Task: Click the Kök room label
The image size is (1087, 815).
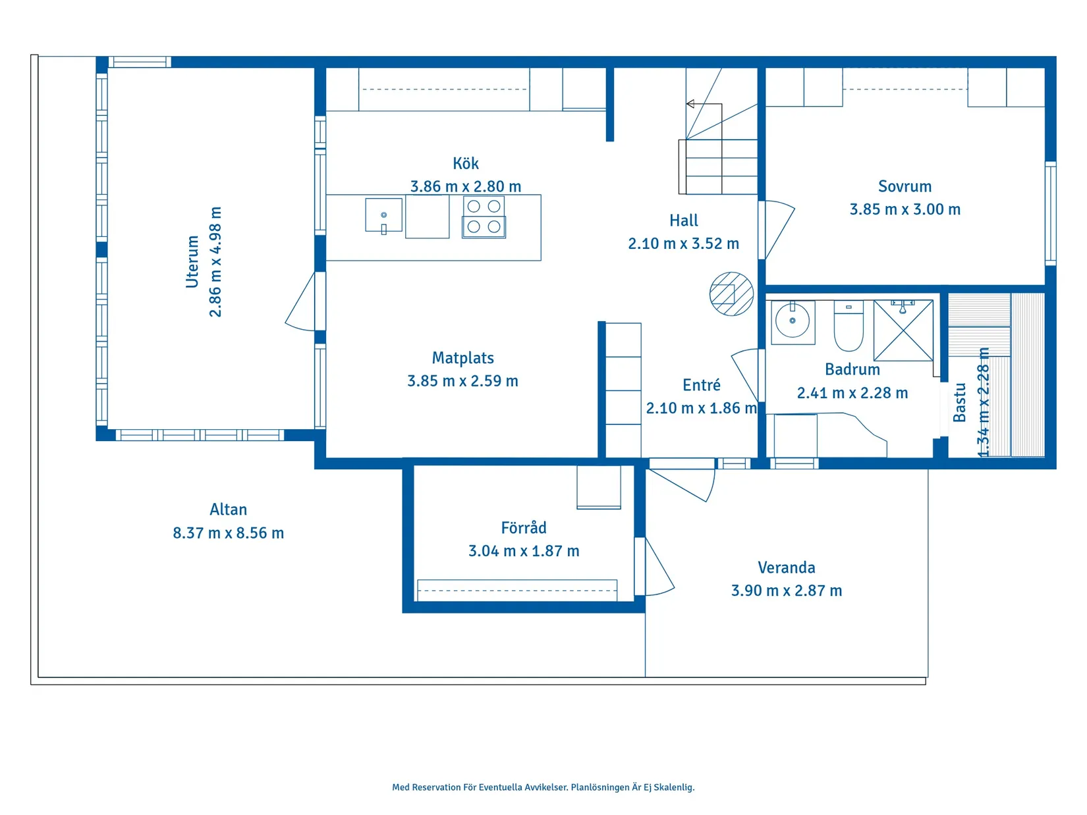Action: [x=465, y=163]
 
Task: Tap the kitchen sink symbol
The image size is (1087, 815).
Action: [x=383, y=216]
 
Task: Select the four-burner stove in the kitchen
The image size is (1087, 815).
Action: [x=484, y=217]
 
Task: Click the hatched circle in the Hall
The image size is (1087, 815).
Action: [x=731, y=294]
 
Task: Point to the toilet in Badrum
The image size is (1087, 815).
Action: [x=849, y=327]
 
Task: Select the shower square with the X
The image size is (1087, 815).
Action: [x=903, y=330]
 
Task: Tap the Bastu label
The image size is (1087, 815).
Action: [x=960, y=402]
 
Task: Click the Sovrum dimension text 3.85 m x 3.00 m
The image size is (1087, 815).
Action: [x=905, y=209]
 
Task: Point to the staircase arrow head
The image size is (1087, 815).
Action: [x=690, y=104]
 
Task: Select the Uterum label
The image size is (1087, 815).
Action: [x=192, y=261]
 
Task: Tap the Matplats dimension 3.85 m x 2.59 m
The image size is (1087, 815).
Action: [x=462, y=381]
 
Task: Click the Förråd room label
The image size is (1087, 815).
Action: [x=524, y=528]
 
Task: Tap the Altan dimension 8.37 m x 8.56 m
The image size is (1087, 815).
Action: [x=228, y=533]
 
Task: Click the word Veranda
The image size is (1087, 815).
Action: [x=786, y=567]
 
